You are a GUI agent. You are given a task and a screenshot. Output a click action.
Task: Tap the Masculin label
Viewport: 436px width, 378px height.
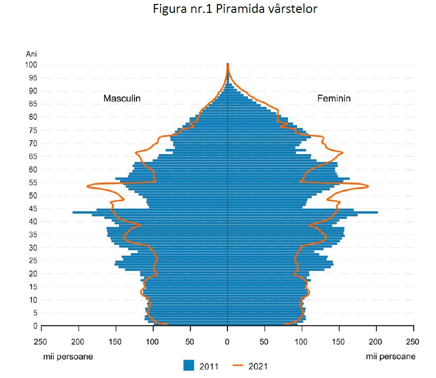(x=122, y=98)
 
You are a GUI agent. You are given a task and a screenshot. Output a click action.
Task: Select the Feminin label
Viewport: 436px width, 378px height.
(x=334, y=98)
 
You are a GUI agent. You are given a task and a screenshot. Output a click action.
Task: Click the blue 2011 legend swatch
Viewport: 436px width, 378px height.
(x=188, y=366)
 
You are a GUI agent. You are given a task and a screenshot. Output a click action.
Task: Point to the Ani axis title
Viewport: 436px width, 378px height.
(x=31, y=54)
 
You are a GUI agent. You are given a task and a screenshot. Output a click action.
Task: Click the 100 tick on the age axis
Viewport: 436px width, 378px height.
(x=31, y=65)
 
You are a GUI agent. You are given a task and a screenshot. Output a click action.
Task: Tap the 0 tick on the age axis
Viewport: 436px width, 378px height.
(x=35, y=326)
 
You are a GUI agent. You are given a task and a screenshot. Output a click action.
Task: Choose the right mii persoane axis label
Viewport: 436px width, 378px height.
(x=391, y=357)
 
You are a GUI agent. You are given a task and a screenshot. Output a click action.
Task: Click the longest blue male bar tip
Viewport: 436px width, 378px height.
(x=73, y=212)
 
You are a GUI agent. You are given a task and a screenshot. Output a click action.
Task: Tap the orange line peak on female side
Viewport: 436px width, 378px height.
(x=368, y=187)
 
